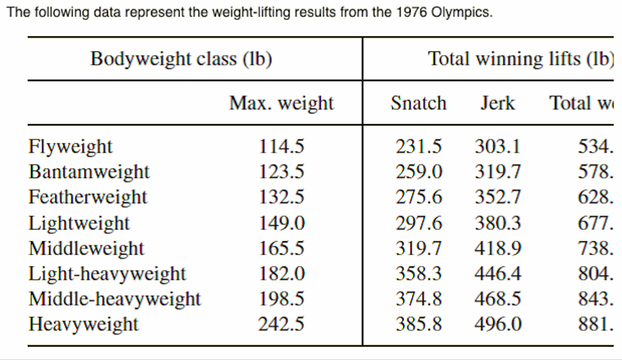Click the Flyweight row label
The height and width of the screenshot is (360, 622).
click(x=71, y=147)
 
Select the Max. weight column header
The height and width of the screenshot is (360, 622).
click(x=281, y=103)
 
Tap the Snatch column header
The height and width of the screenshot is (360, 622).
click(x=418, y=103)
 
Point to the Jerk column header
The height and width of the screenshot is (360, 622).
click(x=497, y=103)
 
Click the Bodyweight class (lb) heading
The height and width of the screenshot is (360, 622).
click(x=181, y=59)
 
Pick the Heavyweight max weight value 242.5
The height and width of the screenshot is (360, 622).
click(x=281, y=324)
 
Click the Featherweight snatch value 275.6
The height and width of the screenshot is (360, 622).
click(x=419, y=197)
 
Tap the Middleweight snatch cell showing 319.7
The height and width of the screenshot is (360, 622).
click(x=419, y=248)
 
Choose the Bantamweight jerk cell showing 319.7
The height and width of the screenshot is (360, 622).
click(x=497, y=172)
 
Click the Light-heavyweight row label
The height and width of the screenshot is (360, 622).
click(x=107, y=274)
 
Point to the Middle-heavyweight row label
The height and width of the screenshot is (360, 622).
click(x=114, y=299)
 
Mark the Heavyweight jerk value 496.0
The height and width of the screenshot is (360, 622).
click(x=497, y=324)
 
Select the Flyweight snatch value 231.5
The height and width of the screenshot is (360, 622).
click(x=419, y=147)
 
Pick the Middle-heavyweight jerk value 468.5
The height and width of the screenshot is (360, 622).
click(x=497, y=299)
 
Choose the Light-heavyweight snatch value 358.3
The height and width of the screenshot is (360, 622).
click(x=419, y=274)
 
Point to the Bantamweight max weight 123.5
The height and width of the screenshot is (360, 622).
click(x=281, y=172)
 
